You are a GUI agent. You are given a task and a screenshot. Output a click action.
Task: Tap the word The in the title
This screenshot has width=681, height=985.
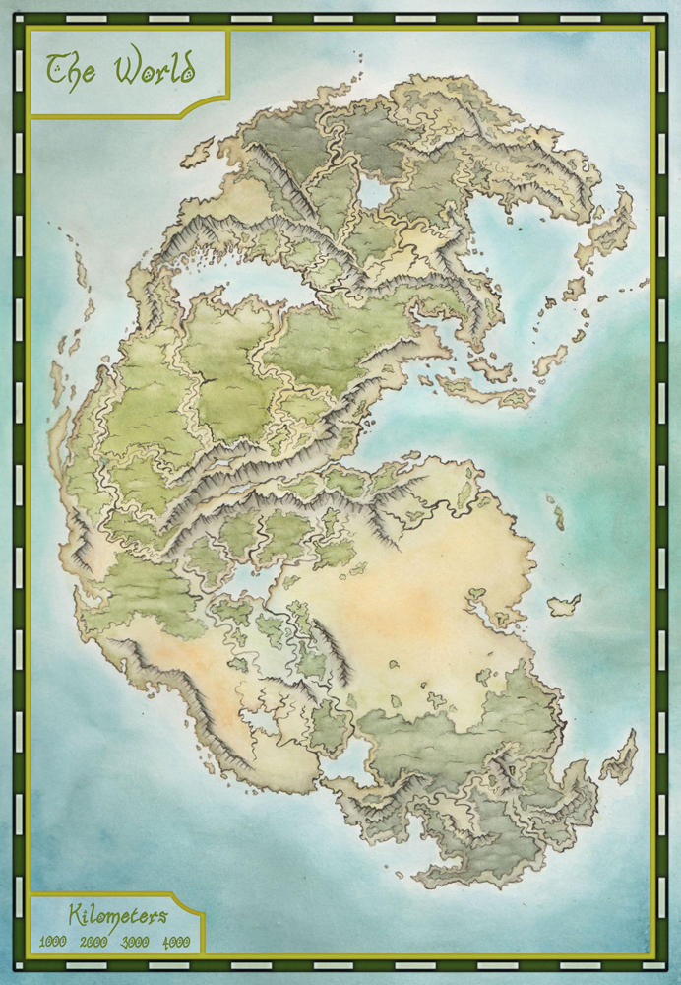click(72, 69)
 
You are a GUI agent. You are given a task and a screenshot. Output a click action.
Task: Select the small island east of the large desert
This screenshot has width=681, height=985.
click(564, 604)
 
